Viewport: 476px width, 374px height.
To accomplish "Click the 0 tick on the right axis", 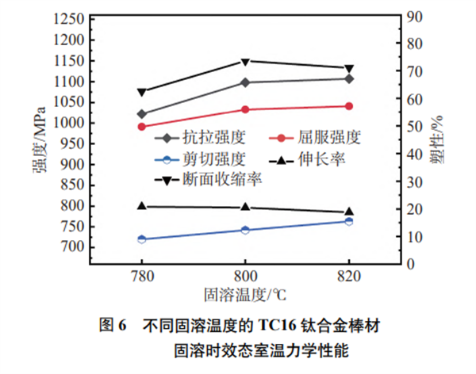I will (x=409, y=265).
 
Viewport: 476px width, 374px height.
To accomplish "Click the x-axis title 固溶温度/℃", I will (x=244, y=296).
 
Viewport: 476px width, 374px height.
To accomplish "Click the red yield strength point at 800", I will (x=244, y=109).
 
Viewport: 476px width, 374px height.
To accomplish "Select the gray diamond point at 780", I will (x=141, y=114).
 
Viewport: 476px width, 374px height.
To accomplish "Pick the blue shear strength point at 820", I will (x=349, y=221).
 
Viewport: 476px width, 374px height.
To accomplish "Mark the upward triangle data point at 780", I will (x=141, y=206).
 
